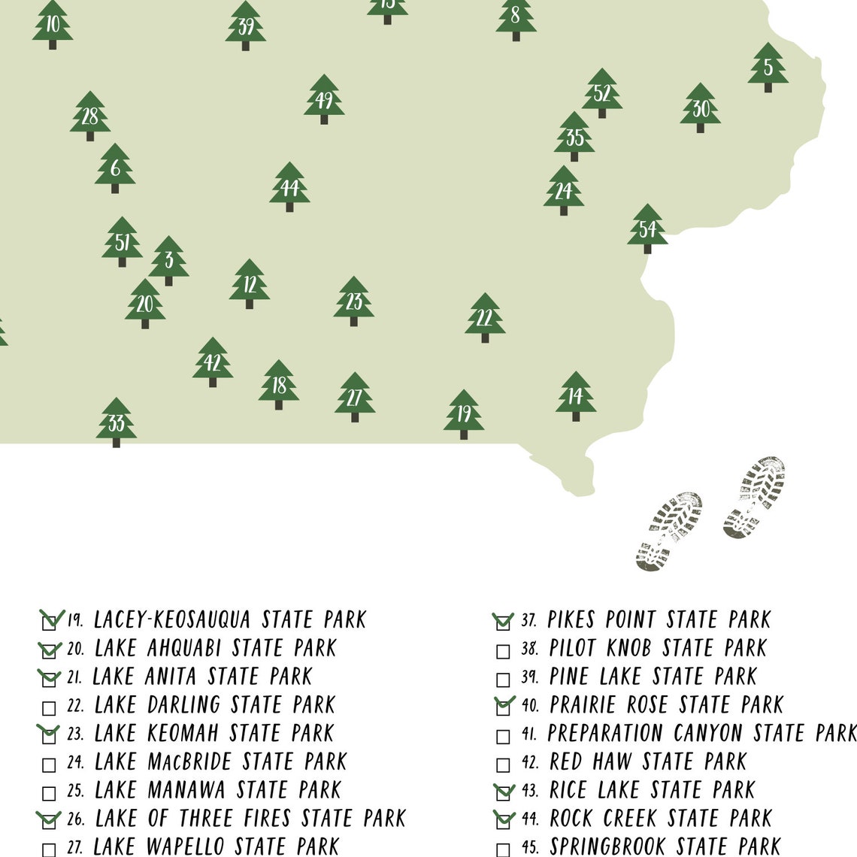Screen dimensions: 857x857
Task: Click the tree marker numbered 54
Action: pyautogui.click(x=647, y=228)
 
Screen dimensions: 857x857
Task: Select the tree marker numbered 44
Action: pyautogui.click(x=289, y=186)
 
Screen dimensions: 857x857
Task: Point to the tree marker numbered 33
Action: pyautogui.click(x=117, y=422)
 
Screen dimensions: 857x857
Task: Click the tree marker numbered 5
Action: pyautogui.click(x=768, y=67)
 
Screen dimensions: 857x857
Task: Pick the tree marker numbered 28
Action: pyautogui.click(x=90, y=116)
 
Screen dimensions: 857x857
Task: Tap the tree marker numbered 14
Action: pyautogui.click(x=575, y=395)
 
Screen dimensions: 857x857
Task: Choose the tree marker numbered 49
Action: pyautogui.click(x=324, y=98)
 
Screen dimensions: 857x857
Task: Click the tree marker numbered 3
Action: pyautogui.click(x=168, y=260)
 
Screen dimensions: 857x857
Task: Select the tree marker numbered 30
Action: pyautogui.click(x=700, y=108)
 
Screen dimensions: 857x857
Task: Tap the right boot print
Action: pyautogui.click(x=754, y=496)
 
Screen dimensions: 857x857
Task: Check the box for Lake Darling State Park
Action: pyautogui.click(x=49, y=708)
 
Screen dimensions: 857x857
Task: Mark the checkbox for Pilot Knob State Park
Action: pyautogui.click(x=503, y=651)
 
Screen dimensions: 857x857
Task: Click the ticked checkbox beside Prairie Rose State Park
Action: pyautogui.click(x=503, y=707)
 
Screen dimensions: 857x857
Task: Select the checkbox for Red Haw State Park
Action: pyautogui.click(x=503, y=765)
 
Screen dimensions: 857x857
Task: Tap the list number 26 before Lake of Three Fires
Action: pyautogui.click(x=76, y=819)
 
